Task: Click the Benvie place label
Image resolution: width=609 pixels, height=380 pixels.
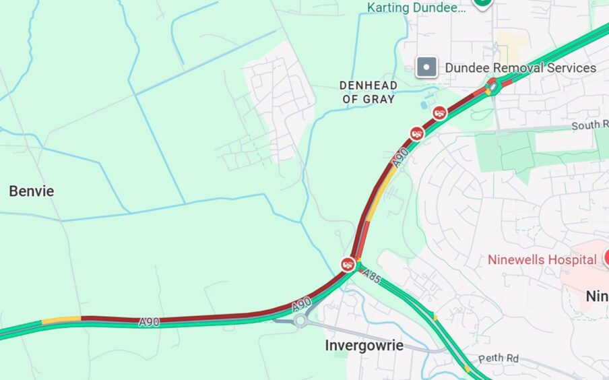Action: (x=32, y=191)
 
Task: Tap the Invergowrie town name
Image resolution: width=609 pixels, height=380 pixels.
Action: (x=364, y=346)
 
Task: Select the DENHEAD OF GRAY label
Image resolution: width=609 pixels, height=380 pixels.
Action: (x=368, y=92)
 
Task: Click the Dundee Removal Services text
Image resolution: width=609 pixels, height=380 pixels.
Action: (x=520, y=68)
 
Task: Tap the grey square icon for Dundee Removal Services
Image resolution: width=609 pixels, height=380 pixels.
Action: (x=426, y=67)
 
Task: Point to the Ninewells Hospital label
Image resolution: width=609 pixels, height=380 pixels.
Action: (x=542, y=259)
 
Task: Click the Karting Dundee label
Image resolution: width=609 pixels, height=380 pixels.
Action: (x=416, y=8)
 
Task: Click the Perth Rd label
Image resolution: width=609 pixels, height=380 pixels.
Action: (x=499, y=359)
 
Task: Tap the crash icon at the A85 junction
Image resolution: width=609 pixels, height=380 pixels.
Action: (x=348, y=264)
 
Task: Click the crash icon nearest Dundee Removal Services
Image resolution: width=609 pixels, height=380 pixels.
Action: (x=440, y=113)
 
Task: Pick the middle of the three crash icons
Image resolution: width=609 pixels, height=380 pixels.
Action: (x=417, y=133)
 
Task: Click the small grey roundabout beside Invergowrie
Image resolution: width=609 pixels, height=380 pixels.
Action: (x=300, y=321)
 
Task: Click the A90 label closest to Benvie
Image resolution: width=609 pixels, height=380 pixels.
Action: (x=149, y=323)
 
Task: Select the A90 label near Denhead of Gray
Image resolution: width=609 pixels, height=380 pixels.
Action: (x=400, y=158)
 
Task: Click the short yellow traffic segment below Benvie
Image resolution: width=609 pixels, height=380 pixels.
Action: (x=61, y=320)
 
